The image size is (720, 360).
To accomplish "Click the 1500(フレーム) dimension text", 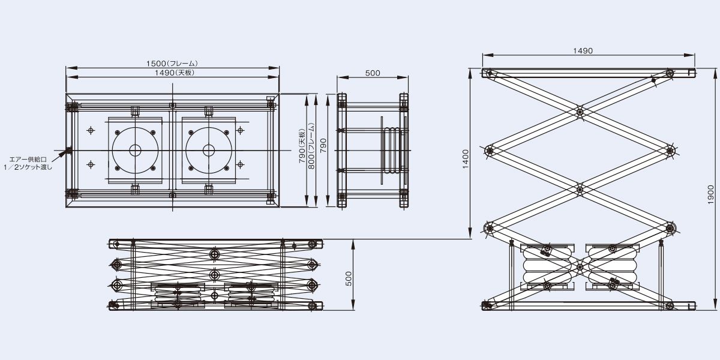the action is click(172, 64).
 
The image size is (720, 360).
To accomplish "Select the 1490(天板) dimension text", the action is click(175, 73).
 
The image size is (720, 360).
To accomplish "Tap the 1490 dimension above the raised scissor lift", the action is click(583, 51).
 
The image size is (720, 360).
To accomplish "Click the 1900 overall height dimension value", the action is click(710, 194).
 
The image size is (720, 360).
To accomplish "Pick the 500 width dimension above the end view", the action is click(373, 73).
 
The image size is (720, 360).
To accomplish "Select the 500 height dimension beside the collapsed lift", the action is click(349, 278).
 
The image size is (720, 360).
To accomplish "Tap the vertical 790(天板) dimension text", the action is click(302, 146).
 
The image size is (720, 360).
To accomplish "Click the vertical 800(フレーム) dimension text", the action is click(311, 146).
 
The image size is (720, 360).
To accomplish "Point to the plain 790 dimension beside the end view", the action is click(323, 145).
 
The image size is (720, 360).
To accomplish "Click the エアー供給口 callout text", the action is click(28, 160).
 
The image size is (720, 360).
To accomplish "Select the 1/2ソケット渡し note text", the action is click(28, 167).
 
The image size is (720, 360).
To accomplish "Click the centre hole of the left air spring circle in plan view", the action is click(136, 150).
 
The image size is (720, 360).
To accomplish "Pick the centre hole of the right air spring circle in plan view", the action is click(209, 150).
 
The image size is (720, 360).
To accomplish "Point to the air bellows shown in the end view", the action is click(391, 151).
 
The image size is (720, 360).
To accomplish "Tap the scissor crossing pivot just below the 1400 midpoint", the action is click(580, 190).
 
